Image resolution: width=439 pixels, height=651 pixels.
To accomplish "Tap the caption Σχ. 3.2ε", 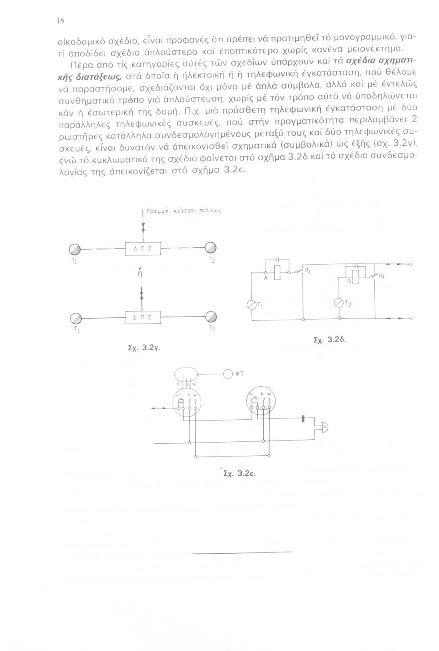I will click(238, 474).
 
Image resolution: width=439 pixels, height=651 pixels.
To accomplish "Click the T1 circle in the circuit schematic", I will click(252, 306).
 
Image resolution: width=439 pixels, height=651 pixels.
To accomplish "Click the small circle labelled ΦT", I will click(228, 374).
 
